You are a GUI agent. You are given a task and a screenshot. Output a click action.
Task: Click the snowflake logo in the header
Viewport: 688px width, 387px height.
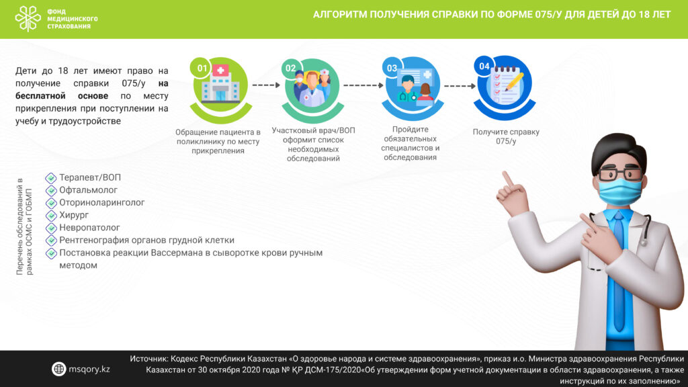tap(28, 18)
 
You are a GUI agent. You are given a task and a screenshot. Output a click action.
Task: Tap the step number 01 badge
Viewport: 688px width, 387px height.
tap(202, 68)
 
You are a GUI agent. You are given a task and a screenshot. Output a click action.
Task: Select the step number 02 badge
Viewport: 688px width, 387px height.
tap(290, 68)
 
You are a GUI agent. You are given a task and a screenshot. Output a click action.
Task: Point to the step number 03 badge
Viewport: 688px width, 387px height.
tap(392, 68)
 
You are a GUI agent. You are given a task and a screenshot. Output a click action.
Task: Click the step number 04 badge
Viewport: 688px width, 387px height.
tap(484, 67)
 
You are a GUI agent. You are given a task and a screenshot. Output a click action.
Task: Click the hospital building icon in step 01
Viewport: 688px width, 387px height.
tap(220, 84)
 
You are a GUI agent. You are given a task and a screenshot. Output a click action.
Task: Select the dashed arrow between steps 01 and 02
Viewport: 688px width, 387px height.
tap(266, 85)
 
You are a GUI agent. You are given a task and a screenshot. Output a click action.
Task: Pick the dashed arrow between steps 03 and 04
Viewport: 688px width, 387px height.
tap(460, 86)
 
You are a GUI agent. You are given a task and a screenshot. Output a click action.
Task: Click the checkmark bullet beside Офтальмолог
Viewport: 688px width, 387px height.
tap(51, 190)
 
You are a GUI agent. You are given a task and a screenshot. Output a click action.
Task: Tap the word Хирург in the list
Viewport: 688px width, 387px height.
tap(74, 215)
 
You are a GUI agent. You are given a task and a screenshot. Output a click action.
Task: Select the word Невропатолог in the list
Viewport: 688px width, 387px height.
tap(89, 227)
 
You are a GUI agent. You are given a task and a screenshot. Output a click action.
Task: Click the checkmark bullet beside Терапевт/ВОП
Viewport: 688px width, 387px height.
tap(51, 177)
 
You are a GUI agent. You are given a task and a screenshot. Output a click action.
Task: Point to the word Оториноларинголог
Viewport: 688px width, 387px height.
tap(102, 202)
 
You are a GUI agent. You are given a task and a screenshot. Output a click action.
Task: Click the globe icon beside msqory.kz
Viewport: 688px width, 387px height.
tap(58, 369)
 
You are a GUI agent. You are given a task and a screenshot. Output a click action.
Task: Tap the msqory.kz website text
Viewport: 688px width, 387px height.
tap(89, 369)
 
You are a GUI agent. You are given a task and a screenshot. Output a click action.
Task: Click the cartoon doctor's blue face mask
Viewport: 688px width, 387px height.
tap(620, 191)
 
